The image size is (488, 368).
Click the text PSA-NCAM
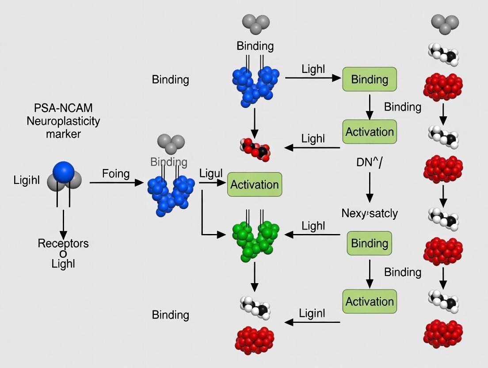(x=63, y=108)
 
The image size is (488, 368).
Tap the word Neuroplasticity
(x=63, y=121)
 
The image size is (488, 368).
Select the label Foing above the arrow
(x=116, y=173)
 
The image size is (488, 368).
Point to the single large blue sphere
(x=63, y=172)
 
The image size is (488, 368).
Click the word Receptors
(x=63, y=243)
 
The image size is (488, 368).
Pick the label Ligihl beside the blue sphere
(x=27, y=180)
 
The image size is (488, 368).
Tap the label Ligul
(x=211, y=173)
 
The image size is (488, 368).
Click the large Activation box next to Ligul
(x=255, y=184)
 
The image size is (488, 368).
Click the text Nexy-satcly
(x=370, y=213)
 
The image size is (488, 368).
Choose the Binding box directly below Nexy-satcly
(x=370, y=243)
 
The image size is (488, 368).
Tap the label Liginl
(x=312, y=314)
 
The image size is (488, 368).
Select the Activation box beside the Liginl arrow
(x=370, y=302)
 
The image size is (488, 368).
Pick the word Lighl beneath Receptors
(x=63, y=264)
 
